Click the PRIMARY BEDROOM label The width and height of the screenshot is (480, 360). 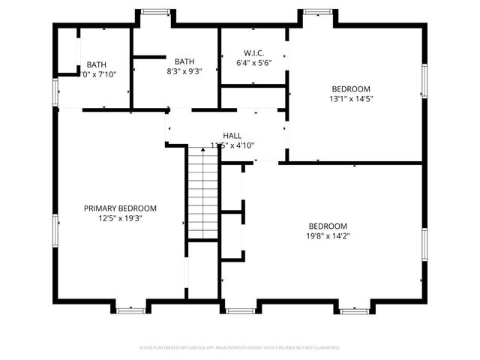click(x=120, y=208)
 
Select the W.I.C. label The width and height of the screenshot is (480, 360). click(x=253, y=52)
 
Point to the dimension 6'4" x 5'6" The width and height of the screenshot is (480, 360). click(x=253, y=62)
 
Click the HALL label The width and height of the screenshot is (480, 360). click(x=232, y=135)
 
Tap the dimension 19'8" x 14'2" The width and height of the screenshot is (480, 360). click(x=328, y=236)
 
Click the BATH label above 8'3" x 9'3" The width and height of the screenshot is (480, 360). click(x=184, y=61)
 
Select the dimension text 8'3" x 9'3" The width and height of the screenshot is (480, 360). click(x=184, y=72)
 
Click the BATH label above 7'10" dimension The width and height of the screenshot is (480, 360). click(x=96, y=64)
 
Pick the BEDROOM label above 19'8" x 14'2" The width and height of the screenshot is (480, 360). click(x=328, y=226)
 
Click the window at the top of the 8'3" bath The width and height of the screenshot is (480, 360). click(x=155, y=12)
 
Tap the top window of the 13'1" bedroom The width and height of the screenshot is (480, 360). click(x=316, y=12)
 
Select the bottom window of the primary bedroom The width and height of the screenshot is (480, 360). click(x=130, y=309)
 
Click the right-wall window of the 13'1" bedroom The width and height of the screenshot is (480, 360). click(x=424, y=85)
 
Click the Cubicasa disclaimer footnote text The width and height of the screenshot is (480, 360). click(x=240, y=348)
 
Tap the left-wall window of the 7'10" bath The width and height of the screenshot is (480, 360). click(x=55, y=92)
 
